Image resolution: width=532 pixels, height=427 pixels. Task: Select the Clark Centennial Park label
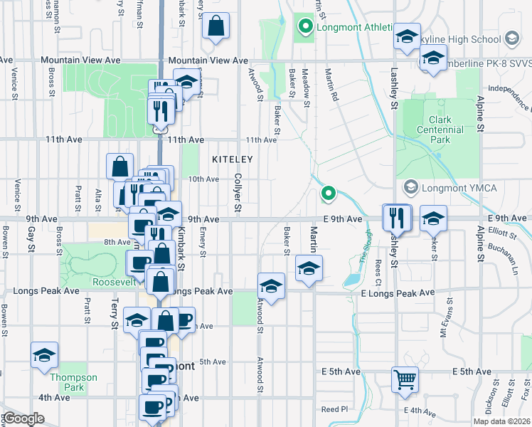[446, 130]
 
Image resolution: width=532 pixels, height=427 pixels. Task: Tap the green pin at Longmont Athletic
[306, 28]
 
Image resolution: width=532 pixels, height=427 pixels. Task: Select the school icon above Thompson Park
[44, 354]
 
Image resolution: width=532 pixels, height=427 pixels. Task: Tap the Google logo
[23, 418]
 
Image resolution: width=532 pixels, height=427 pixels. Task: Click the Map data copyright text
[501, 421]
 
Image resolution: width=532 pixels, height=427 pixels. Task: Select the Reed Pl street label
[334, 409]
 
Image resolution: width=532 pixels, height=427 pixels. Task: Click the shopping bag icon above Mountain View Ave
[216, 26]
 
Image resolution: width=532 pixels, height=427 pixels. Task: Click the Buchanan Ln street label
[509, 257]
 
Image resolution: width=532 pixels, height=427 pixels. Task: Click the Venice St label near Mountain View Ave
[15, 80]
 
